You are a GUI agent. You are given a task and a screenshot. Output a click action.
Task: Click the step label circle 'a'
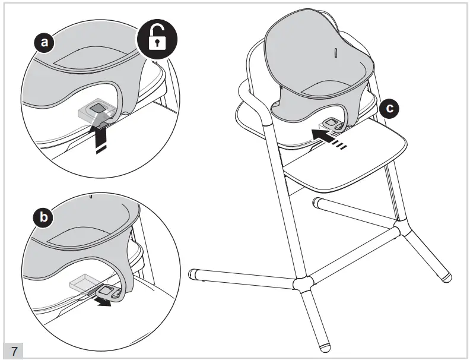tap(45, 42)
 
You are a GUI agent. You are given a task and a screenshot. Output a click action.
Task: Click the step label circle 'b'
tap(43, 217)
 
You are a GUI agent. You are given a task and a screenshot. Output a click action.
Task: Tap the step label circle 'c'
tap(389, 108)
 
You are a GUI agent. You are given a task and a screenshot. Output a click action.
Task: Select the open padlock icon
tap(157, 39)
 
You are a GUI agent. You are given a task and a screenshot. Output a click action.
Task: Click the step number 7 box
tap(14, 350)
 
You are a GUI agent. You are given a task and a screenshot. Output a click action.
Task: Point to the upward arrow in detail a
tap(101, 140)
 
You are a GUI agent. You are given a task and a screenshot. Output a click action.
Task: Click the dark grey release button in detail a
tap(97, 108)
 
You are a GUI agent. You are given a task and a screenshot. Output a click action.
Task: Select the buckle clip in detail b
tap(109, 292)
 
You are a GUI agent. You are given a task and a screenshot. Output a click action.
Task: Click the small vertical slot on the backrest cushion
tap(336, 53)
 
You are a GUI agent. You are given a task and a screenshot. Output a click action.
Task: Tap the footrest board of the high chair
tap(345, 157)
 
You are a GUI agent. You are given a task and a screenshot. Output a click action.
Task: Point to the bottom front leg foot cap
tap(325, 347)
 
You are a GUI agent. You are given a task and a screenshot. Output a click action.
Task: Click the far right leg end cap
tap(447, 276)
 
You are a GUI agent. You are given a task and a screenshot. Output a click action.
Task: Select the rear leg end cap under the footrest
tap(316, 202)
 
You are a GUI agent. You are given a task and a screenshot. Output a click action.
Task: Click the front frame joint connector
tap(303, 284)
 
